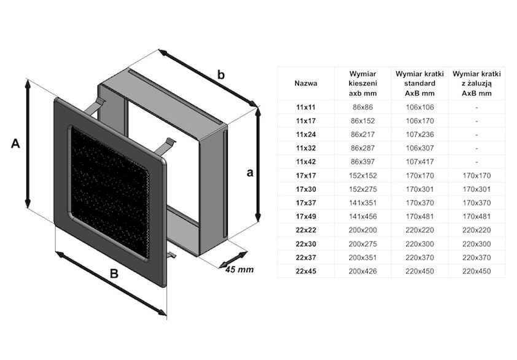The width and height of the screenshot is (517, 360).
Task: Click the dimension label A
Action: [16, 144]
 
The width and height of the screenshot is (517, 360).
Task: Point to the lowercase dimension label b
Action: [221, 75]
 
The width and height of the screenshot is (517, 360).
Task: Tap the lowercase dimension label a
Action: [250, 173]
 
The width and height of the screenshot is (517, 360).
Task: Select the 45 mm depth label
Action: [238, 270]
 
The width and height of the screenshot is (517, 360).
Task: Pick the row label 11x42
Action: [305, 162]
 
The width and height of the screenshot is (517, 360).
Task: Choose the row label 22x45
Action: [305, 271]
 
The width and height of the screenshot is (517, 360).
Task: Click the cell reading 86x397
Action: [362, 162]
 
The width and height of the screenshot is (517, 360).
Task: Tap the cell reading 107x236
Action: [419, 135]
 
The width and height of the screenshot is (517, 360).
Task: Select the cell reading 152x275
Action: [362, 189]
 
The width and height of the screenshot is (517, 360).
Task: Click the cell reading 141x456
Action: [362, 216]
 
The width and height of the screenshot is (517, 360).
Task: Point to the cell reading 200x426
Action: [362, 271]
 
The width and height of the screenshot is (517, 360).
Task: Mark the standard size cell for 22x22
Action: [419, 230]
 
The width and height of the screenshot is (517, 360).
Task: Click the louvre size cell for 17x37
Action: [476, 203]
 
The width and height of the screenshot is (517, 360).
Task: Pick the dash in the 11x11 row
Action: [476, 108]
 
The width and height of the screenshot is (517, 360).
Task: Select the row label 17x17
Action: [305, 176]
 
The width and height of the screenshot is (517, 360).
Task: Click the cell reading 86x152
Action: [362, 121]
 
